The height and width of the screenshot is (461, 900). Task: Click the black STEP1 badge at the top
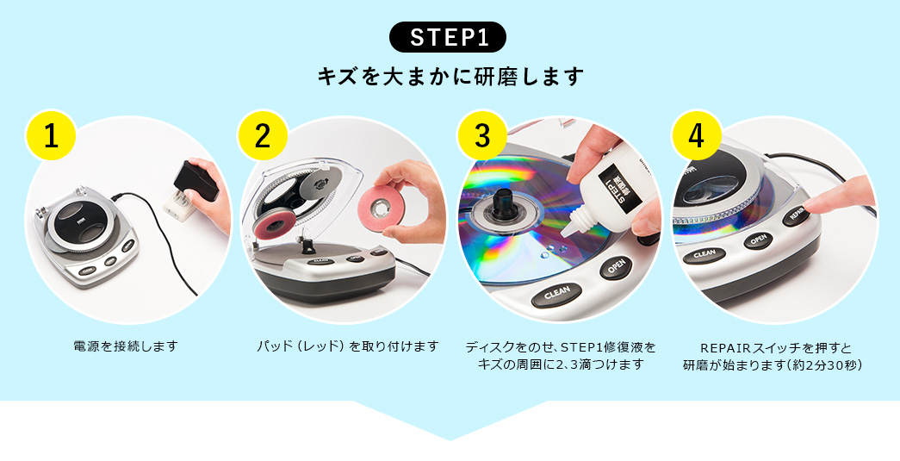point(448,37)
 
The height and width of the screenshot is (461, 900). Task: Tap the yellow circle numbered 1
point(51,135)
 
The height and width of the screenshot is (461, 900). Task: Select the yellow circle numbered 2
point(263,135)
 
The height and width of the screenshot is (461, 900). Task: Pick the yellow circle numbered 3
point(482,135)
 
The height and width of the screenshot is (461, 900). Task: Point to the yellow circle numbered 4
point(696,135)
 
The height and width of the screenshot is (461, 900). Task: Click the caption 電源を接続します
point(126,346)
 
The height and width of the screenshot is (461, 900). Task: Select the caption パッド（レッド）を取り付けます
point(347,346)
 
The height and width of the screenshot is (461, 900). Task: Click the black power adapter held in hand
point(196,180)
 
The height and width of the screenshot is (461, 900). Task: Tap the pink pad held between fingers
point(382,206)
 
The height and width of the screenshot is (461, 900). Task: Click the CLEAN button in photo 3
point(556,295)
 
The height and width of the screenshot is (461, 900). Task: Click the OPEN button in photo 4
point(758,240)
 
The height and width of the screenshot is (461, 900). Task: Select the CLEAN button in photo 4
point(704,254)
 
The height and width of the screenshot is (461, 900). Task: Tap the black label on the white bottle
point(619,188)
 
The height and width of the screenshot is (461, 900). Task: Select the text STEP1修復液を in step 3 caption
point(608,347)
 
